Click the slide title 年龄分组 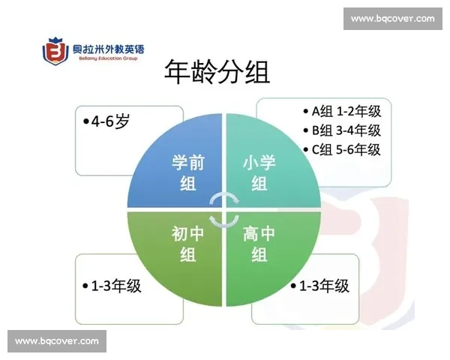pos(217,73)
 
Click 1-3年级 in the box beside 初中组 pos(112,286)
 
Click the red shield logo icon pos(55,52)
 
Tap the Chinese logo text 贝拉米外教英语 pos(108,49)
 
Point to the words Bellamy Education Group pos(108,58)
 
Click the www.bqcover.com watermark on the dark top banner pos(392,18)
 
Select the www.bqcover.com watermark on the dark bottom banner pos(57,341)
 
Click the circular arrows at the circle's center pos(225,209)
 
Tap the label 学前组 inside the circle pos(188,172)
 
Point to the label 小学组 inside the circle pos(259,172)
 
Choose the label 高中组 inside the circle pos(259,244)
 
